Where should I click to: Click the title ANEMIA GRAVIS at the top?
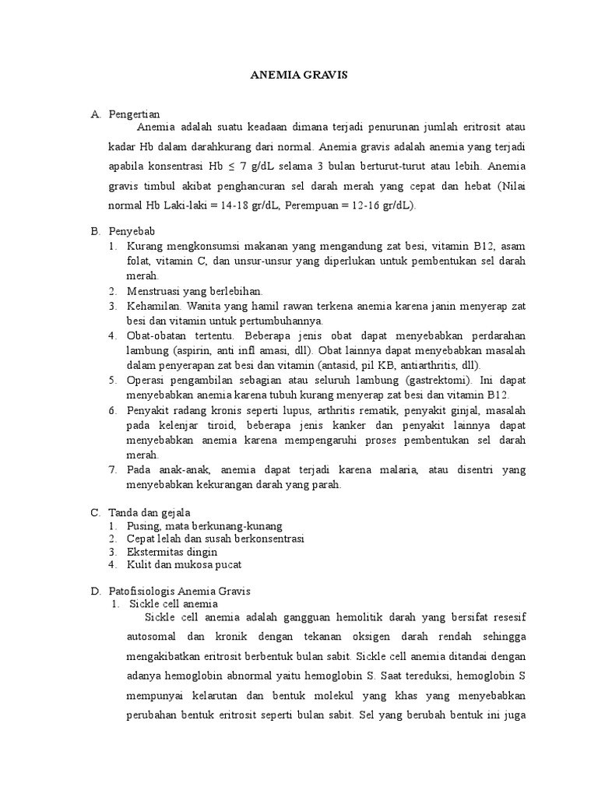click(x=298, y=75)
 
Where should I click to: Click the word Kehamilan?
click(x=153, y=306)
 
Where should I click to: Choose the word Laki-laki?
click(x=186, y=205)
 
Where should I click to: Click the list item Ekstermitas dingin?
click(x=172, y=551)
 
